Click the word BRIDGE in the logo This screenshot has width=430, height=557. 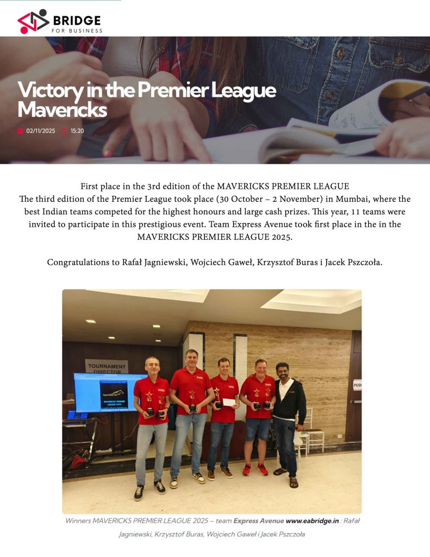[x=77, y=21]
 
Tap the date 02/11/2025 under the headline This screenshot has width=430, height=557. [x=40, y=131]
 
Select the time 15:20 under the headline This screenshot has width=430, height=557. [x=77, y=131]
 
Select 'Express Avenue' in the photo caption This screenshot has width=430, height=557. [x=258, y=521]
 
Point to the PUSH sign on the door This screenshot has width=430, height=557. [x=357, y=385]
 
